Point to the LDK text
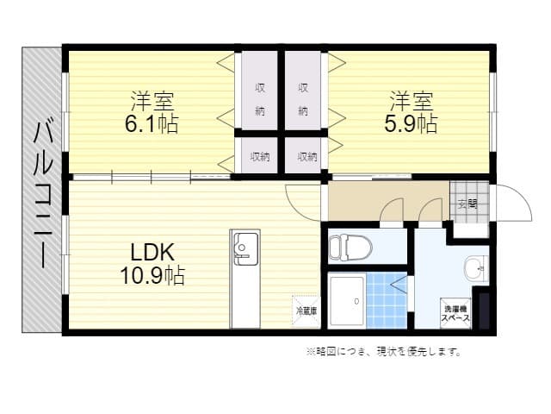(x=152, y=253)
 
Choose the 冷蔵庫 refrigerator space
(x=306, y=310)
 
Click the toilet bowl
(x=350, y=247)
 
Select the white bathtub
(x=347, y=300)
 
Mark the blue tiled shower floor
(x=387, y=300)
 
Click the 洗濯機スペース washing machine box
(x=456, y=312)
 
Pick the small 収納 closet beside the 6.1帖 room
(x=259, y=157)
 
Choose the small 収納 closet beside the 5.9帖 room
(x=306, y=157)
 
